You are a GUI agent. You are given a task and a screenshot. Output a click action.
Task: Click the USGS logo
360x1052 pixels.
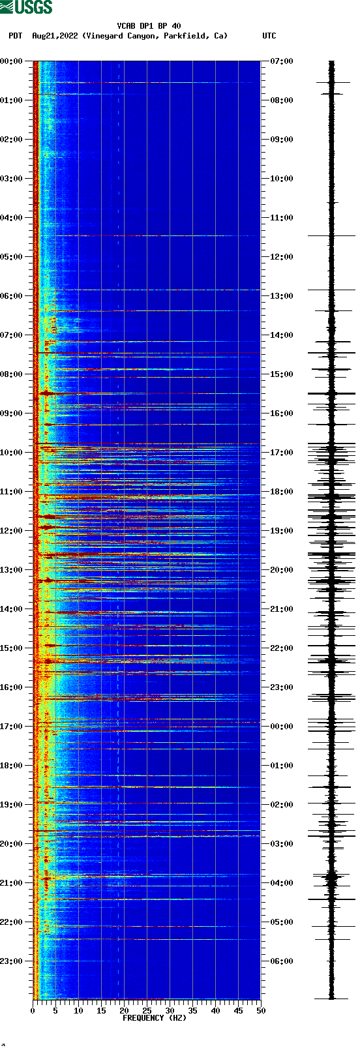[x=26, y=7]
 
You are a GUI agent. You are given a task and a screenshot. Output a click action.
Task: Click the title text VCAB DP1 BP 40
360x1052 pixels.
[x=149, y=26]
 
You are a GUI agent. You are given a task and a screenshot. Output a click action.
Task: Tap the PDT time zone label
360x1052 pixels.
[x=15, y=36]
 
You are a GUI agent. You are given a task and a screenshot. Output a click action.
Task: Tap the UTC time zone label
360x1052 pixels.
[x=269, y=36]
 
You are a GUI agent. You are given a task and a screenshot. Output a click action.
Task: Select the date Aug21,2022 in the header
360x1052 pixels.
[x=55, y=36]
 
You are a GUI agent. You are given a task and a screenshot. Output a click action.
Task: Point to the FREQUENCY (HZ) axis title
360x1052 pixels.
[x=155, y=1018]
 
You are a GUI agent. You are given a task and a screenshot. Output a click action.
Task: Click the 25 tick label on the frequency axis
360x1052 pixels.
[x=147, y=1011]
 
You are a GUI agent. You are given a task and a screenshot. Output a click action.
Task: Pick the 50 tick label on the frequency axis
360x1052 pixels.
[x=261, y=1011]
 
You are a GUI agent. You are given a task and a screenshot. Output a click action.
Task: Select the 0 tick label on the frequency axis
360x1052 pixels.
[x=33, y=1011]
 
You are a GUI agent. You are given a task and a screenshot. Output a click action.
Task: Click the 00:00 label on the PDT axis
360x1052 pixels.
[x=11, y=61]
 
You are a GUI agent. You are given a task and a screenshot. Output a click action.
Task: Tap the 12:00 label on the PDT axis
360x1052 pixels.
[x=11, y=531]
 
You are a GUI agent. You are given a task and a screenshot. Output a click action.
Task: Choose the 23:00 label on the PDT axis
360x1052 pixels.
[x=11, y=961]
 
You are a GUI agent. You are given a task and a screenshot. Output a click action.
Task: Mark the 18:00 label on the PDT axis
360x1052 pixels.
[x=11, y=766]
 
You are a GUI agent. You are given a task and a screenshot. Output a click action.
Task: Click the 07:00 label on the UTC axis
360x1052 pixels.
[x=282, y=61]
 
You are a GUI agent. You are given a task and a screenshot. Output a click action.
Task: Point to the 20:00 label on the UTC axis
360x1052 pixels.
[x=282, y=570]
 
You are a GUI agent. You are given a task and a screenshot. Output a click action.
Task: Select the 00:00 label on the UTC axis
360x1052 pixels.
[x=282, y=727]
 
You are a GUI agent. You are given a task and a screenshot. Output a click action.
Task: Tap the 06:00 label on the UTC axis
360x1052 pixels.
[x=282, y=961]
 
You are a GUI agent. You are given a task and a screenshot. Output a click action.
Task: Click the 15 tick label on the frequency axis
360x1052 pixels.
[x=101, y=1011]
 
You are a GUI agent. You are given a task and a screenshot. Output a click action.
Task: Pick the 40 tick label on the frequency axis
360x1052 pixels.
[x=215, y=1011]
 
